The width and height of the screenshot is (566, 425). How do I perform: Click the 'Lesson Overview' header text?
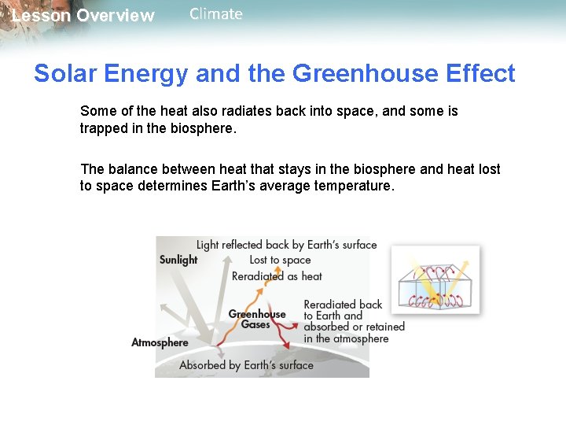pyautogui.click(x=83, y=16)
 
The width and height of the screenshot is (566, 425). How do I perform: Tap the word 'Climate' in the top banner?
pyautogui.click(x=215, y=14)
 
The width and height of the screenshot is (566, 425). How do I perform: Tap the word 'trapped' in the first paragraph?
pyautogui.click(x=102, y=128)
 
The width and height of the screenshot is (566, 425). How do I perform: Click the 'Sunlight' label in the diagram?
pyautogui.click(x=178, y=260)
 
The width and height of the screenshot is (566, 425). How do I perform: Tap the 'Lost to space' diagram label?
pyautogui.click(x=280, y=260)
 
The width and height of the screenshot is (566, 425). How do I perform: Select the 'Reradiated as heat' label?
pyautogui.click(x=277, y=276)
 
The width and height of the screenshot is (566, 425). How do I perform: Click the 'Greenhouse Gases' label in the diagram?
pyautogui.click(x=257, y=319)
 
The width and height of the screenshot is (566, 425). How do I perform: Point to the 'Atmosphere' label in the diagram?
pyautogui.click(x=160, y=342)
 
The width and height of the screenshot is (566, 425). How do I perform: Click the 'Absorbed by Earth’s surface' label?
pyautogui.click(x=246, y=365)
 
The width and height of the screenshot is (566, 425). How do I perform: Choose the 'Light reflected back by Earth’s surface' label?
pyautogui.click(x=286, y=245)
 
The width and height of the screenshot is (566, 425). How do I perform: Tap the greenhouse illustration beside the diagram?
pyautogui.click(x=435, y=279)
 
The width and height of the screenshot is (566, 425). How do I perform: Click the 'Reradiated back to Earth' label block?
pyautogui.click(x=354, y=321)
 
